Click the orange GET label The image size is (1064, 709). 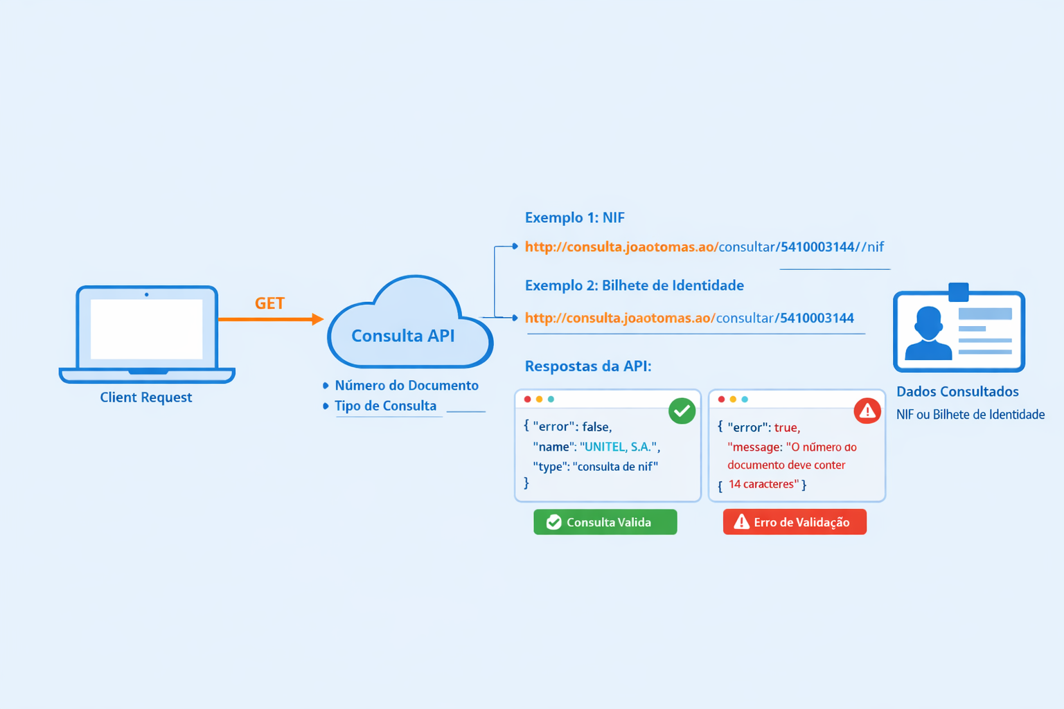coord(269,303)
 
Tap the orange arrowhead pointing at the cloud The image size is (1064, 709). coord(317,319)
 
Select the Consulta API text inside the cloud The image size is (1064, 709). coord(402,336)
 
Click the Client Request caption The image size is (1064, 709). coord(145,397)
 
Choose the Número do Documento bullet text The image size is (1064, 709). coord(406,386)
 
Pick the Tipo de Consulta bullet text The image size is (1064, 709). coord(385,406)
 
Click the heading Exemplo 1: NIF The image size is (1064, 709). coord(574,217)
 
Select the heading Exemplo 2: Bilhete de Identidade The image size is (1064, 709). coord(634,285)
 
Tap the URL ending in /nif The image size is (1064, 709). coord(704,247)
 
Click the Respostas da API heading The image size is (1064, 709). coord(587,366)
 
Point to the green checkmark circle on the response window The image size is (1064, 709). coord(682,411)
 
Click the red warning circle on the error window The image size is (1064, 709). coord(867,411)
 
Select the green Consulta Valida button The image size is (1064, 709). coord(605,522)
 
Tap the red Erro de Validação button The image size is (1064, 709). coord(795,522)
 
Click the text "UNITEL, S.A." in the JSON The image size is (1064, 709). coord(619,447)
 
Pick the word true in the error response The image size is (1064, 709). coord(786,428)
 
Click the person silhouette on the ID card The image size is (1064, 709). coord(928,334)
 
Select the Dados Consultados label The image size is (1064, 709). coord(957,392)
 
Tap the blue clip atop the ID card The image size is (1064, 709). coord(958,291)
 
